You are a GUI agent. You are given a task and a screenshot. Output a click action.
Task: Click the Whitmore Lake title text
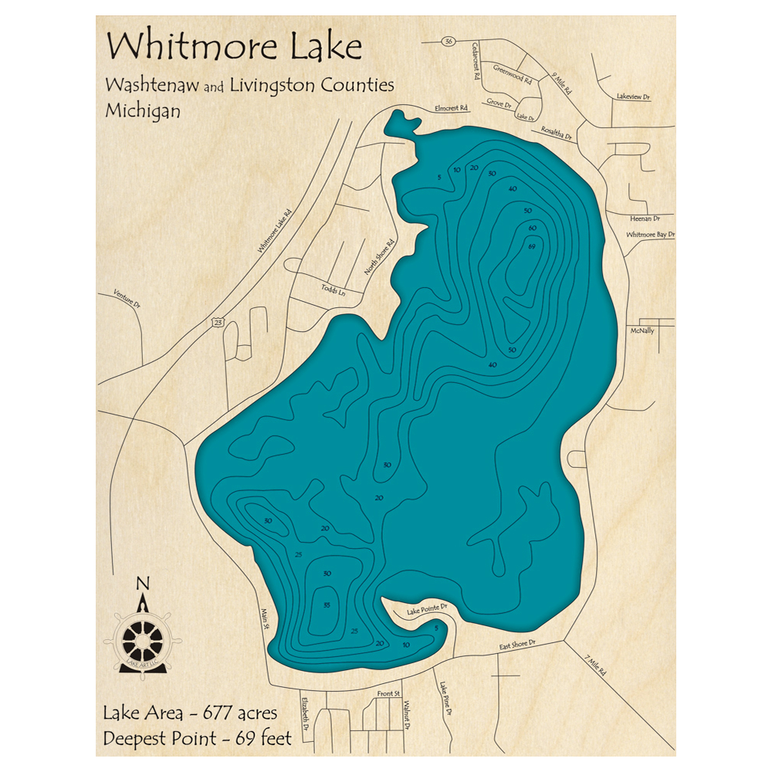[x=234, y=47]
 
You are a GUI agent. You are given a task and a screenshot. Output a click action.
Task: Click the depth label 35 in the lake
[x=327, y=604]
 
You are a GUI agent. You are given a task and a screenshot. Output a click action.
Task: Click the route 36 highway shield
[x=449, y=41]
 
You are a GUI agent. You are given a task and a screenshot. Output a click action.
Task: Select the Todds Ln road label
[x=334, y=290]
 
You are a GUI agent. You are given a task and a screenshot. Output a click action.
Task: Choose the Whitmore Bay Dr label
[x=650, y=234]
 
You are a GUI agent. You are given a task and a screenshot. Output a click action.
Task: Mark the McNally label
[x=642, y=330]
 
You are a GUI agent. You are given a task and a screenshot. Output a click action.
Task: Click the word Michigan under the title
[x=143, y=110]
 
